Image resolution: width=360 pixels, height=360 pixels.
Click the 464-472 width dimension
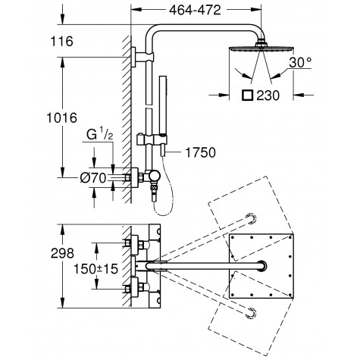195,11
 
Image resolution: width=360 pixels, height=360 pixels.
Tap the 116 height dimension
62,41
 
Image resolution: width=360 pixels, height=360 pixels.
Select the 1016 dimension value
62,118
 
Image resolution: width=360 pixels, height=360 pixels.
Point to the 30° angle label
300,62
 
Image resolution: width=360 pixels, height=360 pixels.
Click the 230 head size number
268,95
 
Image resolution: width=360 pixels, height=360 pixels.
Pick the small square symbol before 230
247,95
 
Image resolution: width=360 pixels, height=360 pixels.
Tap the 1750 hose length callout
200,152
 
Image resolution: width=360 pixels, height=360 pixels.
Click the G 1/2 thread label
99,134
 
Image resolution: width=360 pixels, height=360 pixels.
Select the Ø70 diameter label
93,178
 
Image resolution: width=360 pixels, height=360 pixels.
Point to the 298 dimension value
62,253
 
